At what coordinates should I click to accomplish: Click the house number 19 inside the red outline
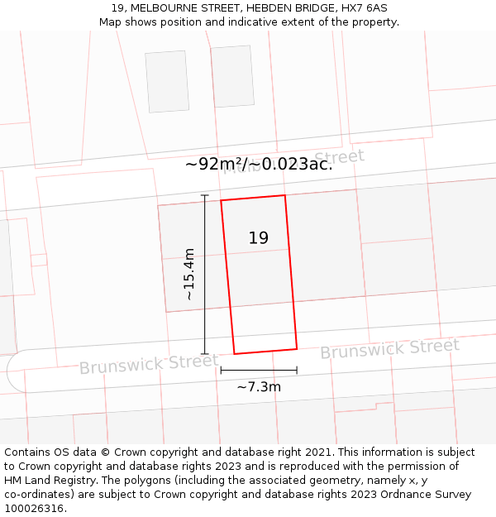[x=259, y=238]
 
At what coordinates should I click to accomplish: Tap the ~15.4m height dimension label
[x=188, y=274]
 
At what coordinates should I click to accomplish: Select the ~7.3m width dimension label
[x=259, y=386]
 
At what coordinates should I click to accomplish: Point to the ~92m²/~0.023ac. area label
[x=259, y=164]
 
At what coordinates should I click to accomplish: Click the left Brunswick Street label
[x=149, y=364]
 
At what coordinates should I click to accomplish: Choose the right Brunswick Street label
[x=389, y=349]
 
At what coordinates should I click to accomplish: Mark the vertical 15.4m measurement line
[x=205, y=274]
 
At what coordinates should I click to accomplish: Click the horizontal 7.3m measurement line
[x=259, y=371]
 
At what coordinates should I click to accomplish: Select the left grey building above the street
[x=168, y=81]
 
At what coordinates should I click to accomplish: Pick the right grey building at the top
[x=232, y=76]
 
